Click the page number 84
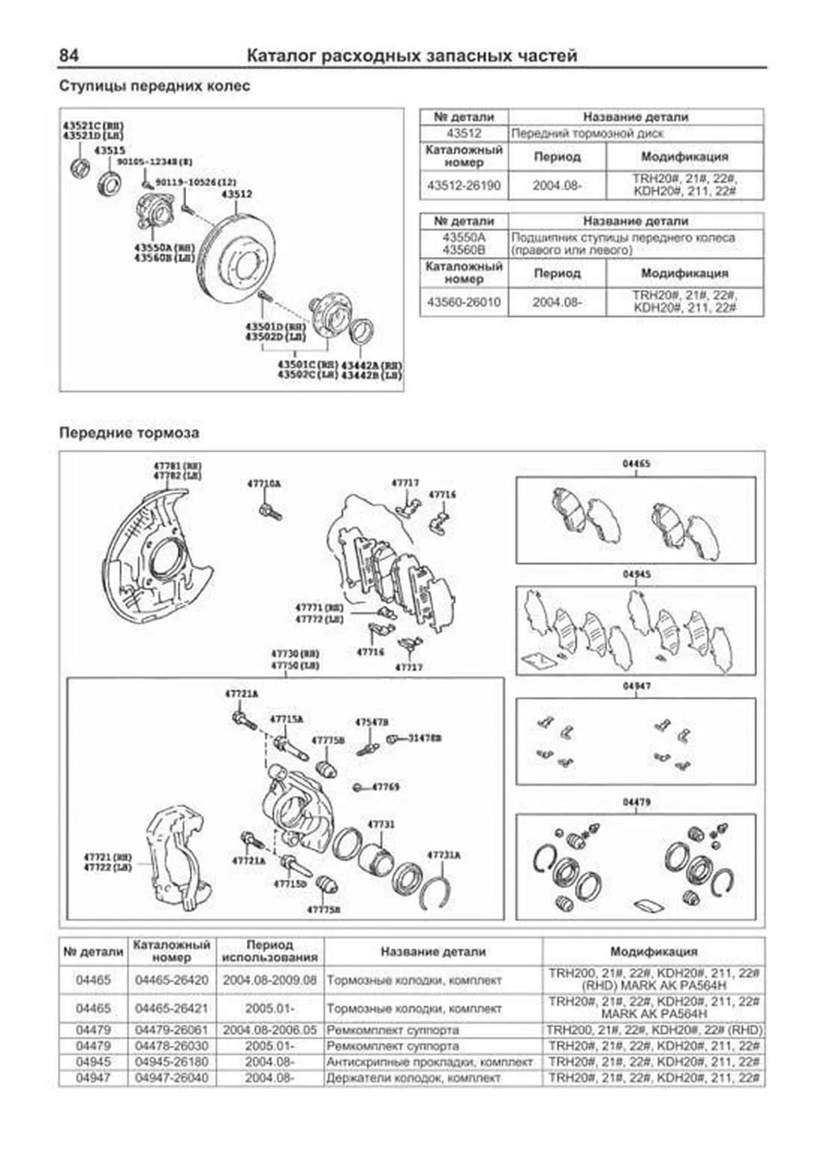(x=69, y=56)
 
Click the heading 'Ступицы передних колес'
(x=154, y=86)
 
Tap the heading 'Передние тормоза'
(x=129, y=433)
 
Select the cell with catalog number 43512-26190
(x=464, y=185)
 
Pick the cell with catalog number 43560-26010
(x=464, y=302)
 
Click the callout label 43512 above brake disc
(x=236, y=194)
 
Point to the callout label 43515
(x=110, y=150)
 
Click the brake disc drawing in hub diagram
(x=237, y=254)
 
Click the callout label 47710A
(x=264, y=484)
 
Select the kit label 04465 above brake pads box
(x=636, y=464)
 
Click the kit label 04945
(x=636, y=574)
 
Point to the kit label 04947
(x=636, y=686)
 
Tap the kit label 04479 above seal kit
(x=636, y=802)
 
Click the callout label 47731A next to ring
(x=444, y=855)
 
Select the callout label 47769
(x=385, y=786)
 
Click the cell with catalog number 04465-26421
(x=171, y=1008)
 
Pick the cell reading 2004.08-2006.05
(x=269, y=1030)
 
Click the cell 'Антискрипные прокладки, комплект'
(x=430, y=1062)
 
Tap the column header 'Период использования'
(x=269, y=951)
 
